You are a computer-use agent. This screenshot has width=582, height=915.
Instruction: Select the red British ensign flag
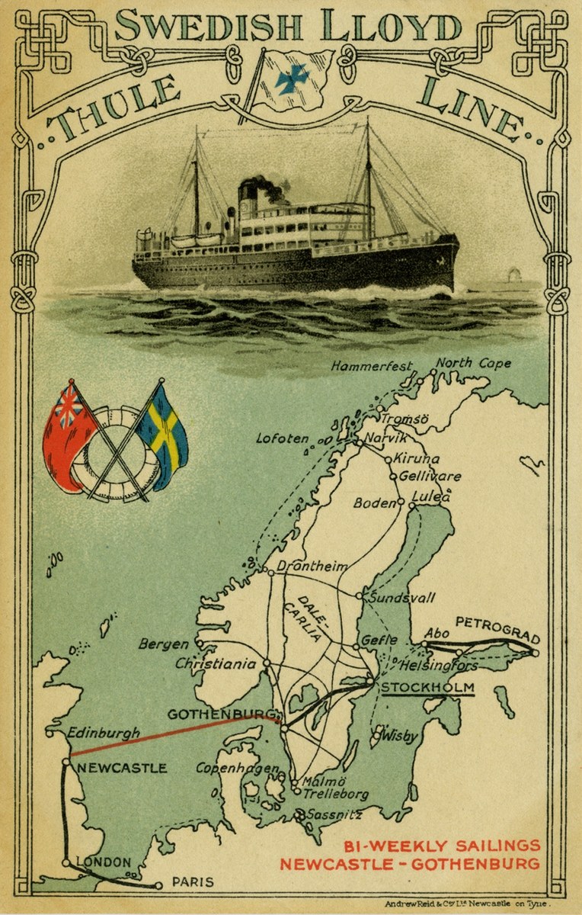pos(67,435)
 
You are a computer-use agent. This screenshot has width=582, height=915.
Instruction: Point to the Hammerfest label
pos(371,367)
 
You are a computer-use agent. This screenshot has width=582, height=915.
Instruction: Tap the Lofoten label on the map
pos(283,438)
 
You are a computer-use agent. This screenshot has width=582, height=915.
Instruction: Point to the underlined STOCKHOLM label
pos(427,689)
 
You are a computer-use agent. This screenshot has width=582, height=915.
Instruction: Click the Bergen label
pos(163,644)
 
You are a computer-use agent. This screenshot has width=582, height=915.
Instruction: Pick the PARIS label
pos(193,882)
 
